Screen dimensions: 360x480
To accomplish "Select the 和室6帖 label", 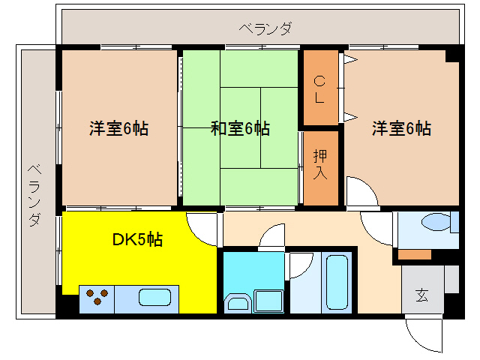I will (x=240, y=128).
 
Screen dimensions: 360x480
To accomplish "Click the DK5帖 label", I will (x=137, y=240).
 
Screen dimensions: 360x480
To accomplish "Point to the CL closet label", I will (x=319, y=88).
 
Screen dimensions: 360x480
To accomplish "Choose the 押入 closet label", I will (x=320, y=163).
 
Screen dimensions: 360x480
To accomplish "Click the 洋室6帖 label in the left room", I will (x=118, y=128).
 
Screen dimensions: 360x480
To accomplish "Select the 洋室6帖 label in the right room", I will (x=402, y=128).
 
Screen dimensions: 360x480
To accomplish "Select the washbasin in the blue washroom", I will (x=238, y=303).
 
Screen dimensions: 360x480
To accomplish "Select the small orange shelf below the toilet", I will (x=415, y=254).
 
